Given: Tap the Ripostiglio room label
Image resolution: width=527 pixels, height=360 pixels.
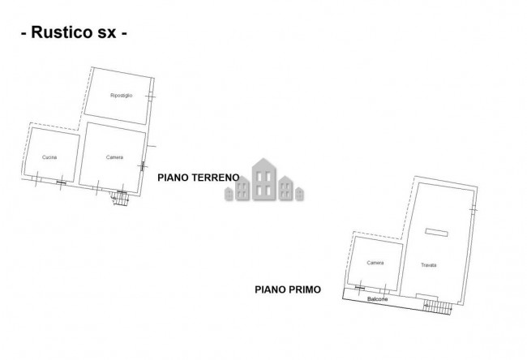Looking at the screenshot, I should [120, 96].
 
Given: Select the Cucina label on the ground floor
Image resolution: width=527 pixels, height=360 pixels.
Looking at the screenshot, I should [49, 156].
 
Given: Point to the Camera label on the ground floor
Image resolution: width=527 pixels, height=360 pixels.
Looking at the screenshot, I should [114, 156].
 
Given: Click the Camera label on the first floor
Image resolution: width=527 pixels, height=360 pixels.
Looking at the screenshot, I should [375, 264].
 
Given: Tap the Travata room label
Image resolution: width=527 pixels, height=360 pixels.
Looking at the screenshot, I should [428, 265].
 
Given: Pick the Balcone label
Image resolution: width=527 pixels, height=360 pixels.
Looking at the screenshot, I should [378, 299].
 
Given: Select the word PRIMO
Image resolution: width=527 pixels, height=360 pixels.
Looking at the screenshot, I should [303, 288].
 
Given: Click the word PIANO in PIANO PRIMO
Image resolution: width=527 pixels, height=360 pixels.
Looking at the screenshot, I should [269, 288].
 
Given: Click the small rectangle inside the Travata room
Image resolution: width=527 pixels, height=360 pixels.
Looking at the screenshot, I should [435, 232].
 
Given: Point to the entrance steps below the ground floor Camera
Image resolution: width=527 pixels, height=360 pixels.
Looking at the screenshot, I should [121, 196].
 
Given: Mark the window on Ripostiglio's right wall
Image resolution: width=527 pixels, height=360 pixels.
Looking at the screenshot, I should [150, 98].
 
